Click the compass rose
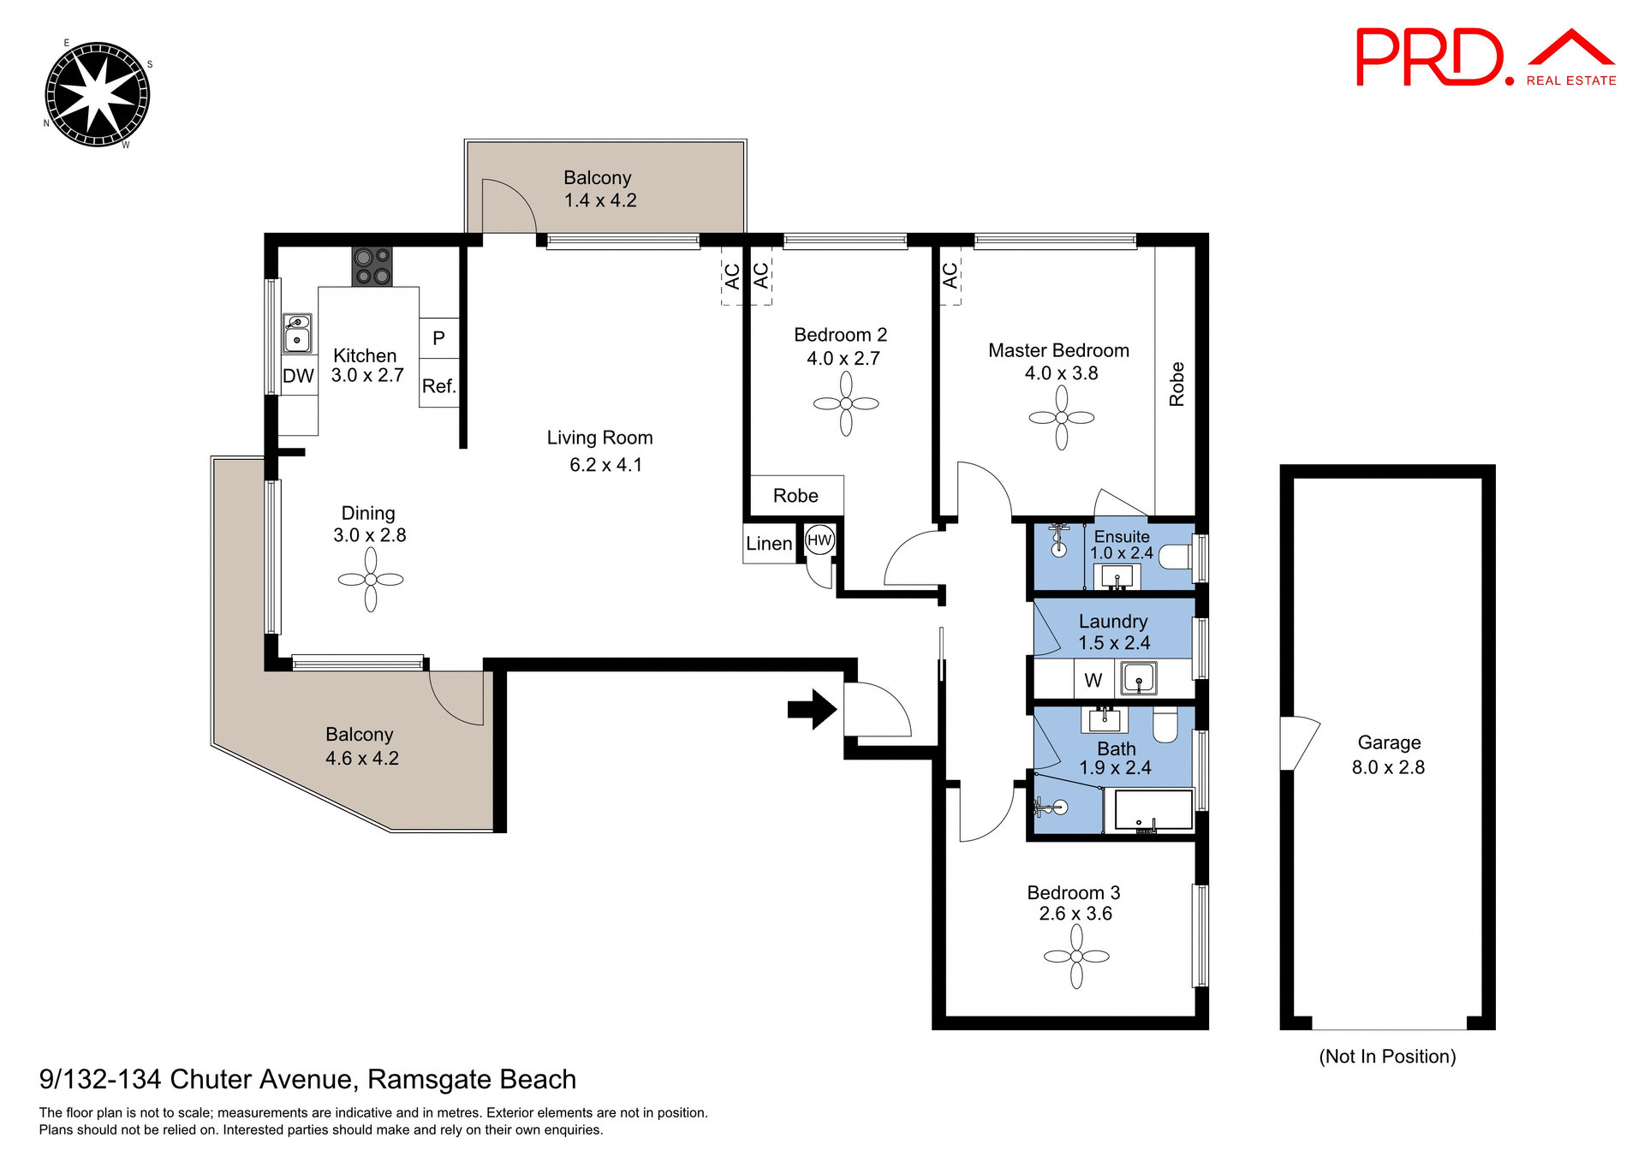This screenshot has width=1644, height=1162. tap(97, 94)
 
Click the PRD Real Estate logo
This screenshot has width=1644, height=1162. tap(1485, 58)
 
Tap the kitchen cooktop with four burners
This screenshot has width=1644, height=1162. tap(372, 266)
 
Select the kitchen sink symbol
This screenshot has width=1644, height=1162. tap(297, 333)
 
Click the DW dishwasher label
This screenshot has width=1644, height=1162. tap(298, 376)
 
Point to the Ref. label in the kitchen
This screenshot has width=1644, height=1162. tap(438, 386)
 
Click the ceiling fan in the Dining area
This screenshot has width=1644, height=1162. tap(371, 580)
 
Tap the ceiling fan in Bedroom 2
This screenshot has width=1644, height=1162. tap(846, 403)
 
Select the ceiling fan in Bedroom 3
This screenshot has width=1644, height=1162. tap(1076, 956)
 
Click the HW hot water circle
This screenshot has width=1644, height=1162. tap(819, 540)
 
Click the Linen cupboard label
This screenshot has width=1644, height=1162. tap(769, 544)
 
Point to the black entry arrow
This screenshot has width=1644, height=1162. tap(811, 709)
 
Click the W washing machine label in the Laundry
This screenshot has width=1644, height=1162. tap(1093, 681)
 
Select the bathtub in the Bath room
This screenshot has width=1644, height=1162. tap(1148, 810)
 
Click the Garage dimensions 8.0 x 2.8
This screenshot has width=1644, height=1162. tap(1388, 767)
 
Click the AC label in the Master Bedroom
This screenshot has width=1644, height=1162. tap(950, 276)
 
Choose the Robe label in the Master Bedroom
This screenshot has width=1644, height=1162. tap(1176, 384)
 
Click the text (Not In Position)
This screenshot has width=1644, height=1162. tap(1387, 1057)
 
